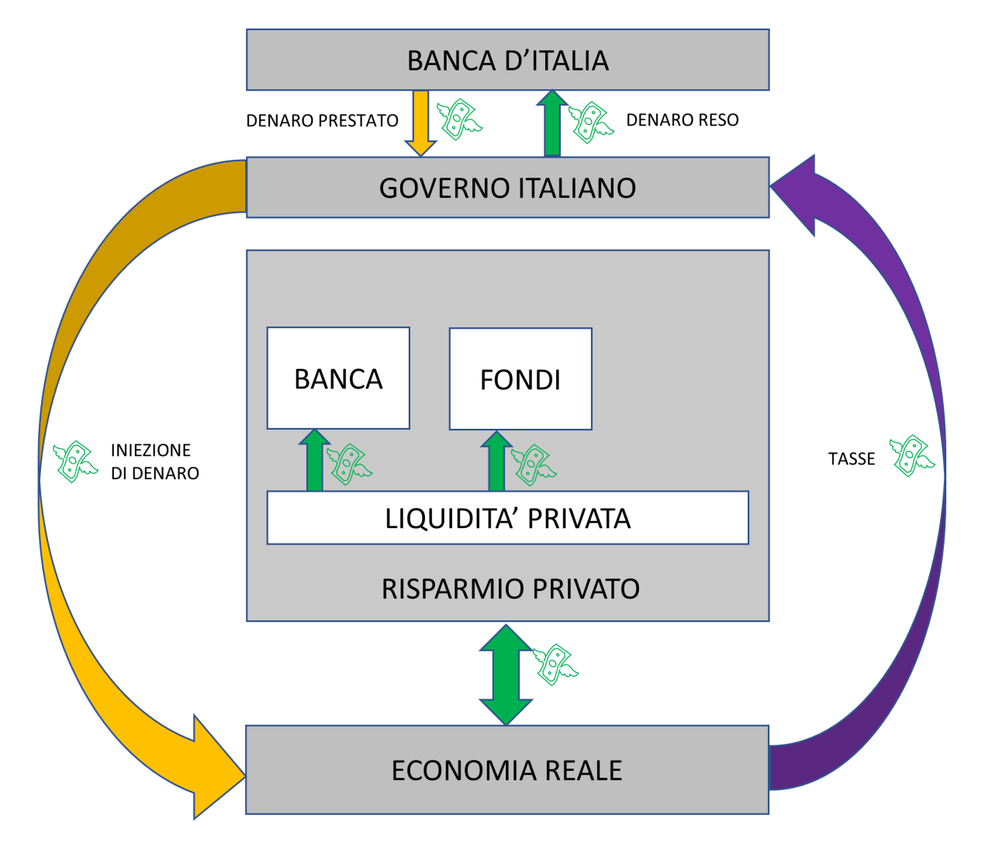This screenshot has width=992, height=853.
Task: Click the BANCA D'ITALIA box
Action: (x=507, y=60)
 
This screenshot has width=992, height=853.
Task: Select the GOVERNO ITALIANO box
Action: (x=507, y=188)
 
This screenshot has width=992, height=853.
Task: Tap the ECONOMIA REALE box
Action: (x=506, y=770)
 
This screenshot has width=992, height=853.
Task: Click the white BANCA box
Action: (x=338, y=378)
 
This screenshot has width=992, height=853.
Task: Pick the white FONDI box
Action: (x=520, y=379)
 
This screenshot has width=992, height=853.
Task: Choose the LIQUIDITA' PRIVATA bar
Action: (x=507, y=518)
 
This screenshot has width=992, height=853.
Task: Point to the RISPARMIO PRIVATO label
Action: (x=510, y=589)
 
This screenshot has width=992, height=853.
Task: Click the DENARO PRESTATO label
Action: (x=322, y=121)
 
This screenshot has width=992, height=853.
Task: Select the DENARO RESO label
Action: (x=683, y=120)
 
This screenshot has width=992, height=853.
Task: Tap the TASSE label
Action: (x=852, y=459)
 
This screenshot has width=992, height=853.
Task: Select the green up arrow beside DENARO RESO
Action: (x=552, y=124)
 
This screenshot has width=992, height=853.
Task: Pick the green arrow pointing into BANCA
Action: (x=314, y=461)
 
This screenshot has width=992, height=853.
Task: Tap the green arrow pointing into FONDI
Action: (x=496, y=462)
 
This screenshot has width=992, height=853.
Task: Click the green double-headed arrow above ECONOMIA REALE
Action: (x=506, y=675)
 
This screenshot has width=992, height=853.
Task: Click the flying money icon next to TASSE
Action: (x=911, y=455)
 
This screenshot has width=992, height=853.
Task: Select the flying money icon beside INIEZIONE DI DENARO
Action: (x=75, y=461)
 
